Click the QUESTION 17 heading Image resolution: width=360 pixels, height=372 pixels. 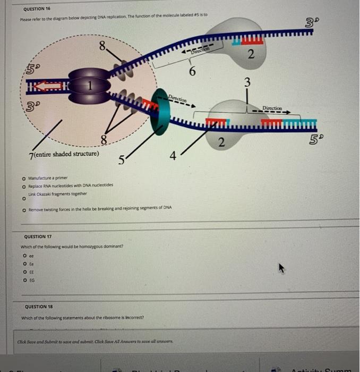pos(38,236)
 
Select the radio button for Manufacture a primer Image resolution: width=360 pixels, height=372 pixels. pos(24,179)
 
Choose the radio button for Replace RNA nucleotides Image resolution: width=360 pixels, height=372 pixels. pos(24,185)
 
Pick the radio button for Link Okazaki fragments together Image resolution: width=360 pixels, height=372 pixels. pos(24,199)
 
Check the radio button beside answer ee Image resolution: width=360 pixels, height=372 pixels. pos(24,255)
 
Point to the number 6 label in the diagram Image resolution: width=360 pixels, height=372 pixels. pos(193,72)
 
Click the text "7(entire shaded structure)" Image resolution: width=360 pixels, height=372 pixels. pos(64,154)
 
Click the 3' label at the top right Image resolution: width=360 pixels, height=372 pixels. pos(312,22)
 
